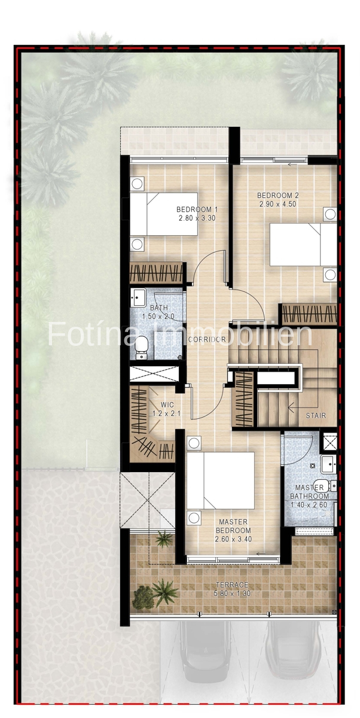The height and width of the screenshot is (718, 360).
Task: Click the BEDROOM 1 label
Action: pyautogui.click(x=197, y=209)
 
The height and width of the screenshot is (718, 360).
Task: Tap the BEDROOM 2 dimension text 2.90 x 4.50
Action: pyautogui.click(x=277, y=204)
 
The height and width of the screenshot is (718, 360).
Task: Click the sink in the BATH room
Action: pyautogui.click(x=139, y=294)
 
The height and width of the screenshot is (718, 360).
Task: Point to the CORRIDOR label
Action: pyautogui.click(x=206, y=340)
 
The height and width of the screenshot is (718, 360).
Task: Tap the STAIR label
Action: pyautogui.click(x=316, y=415)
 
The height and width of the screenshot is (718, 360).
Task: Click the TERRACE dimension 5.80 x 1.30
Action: pyautogui.click(x=233, y=594)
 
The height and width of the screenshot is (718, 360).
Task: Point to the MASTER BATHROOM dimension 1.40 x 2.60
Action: pyautogui.click(x=309, y=505)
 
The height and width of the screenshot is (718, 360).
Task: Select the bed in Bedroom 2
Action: pyautogui.click(x=303, y=244)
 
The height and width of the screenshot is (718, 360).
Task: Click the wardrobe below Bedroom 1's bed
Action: pyautogui.click(x=156, y=273)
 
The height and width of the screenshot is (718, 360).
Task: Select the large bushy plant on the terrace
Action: pyautogui.click(x=143, y=597)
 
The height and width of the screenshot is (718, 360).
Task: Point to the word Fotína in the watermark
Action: pyautogui.click(x=96, y=334)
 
